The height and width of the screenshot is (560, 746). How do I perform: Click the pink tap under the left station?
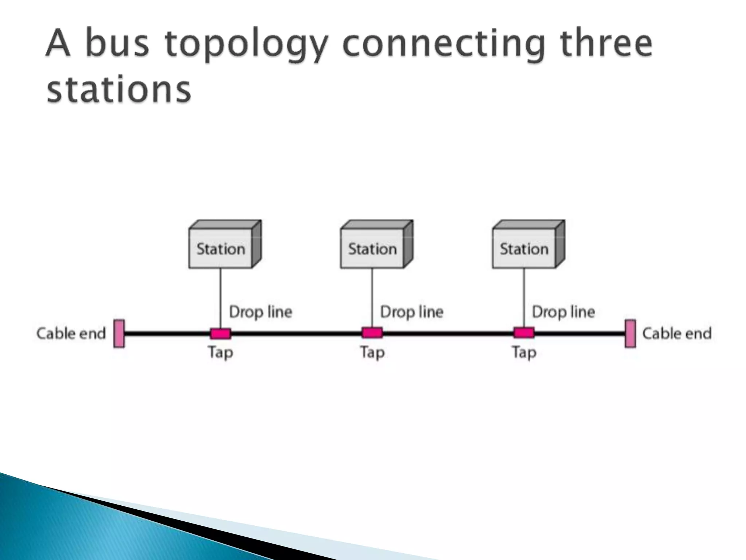220,333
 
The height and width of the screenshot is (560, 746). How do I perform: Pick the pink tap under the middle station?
372,332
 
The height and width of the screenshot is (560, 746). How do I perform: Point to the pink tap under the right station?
524,332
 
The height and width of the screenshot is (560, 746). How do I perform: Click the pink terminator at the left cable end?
119,333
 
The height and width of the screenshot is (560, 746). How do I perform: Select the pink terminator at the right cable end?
630,333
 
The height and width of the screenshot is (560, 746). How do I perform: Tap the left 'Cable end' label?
71,333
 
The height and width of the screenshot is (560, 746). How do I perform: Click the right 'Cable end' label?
677,333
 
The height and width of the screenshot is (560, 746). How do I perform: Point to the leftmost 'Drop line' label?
260,312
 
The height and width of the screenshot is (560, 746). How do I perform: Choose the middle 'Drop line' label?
412,312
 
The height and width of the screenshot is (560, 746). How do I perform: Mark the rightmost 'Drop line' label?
563,312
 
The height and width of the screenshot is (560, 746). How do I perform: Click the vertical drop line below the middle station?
372,297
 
